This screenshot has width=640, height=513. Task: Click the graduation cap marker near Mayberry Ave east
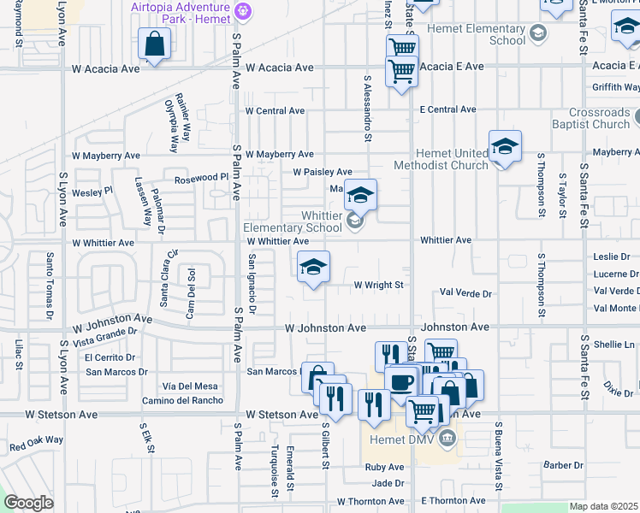pos(505,147)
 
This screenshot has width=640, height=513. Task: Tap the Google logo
pos(28,503)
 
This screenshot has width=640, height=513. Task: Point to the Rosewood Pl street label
pos(199,177)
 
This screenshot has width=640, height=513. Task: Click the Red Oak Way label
pos(36,443)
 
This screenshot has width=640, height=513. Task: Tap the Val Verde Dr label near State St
pos(465,293)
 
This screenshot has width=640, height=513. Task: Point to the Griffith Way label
pos(615,86)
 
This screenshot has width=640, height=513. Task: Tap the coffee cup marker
pos(400,381)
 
